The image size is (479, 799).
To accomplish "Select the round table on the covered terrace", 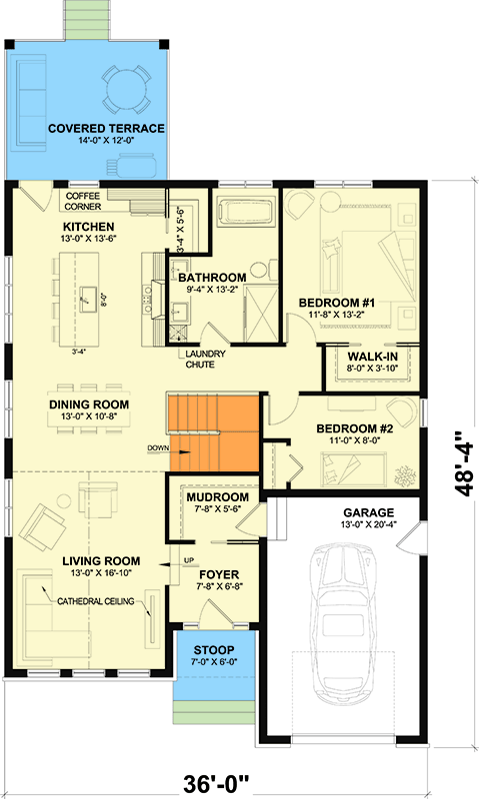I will point(126,88).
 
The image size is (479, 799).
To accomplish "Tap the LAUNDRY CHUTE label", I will point(204,359).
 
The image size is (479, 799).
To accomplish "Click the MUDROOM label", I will point(215,496).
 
